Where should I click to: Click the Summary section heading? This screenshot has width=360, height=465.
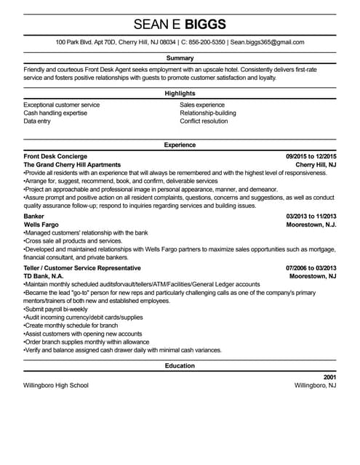click(180, 57)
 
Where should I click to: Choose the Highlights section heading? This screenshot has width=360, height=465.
click(180, 94)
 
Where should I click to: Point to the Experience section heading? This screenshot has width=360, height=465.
click(180, 145)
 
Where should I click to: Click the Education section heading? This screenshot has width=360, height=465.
click(180, 365)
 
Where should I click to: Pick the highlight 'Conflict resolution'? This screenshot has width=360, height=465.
click(204, 121)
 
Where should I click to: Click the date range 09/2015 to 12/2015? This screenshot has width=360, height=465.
click(311, 156)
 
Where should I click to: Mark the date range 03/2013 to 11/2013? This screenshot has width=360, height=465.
click(311, 217)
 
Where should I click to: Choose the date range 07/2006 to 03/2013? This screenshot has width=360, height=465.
click(311, 268)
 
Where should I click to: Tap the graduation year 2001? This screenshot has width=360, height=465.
click(329, 377)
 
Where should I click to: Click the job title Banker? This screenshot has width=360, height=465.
click(34, 217)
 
